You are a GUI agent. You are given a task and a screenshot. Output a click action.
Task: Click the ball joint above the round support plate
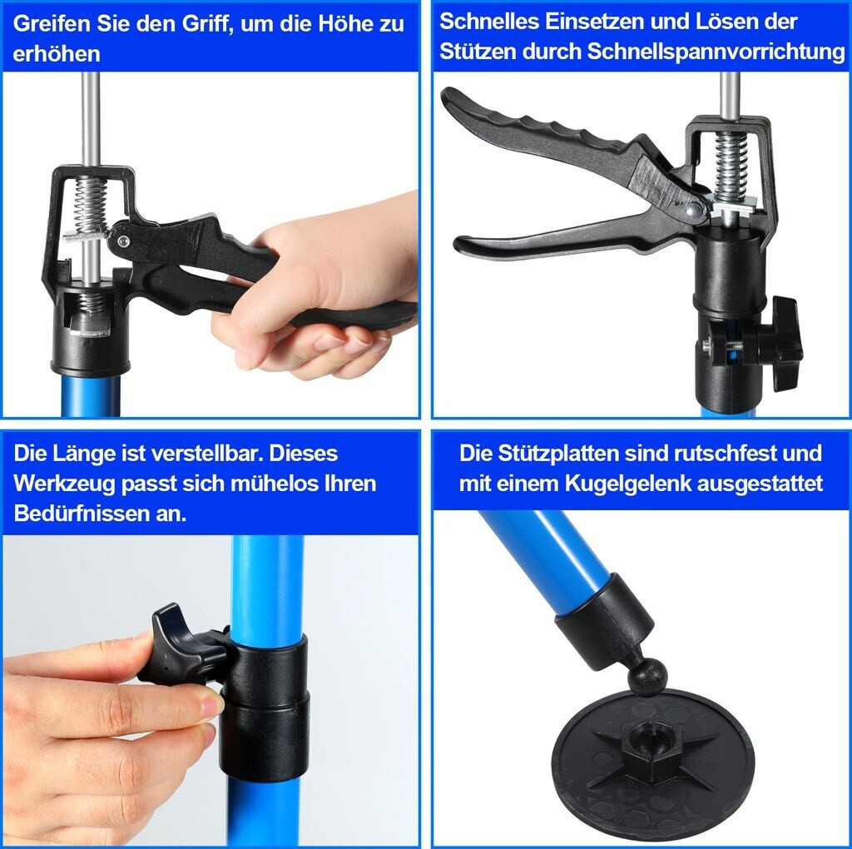click(x=647, y=676)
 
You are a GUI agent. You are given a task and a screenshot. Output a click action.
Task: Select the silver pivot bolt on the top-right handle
click(x=691, y=208)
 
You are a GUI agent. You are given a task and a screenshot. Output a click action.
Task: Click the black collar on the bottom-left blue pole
click(x=265, y=707)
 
